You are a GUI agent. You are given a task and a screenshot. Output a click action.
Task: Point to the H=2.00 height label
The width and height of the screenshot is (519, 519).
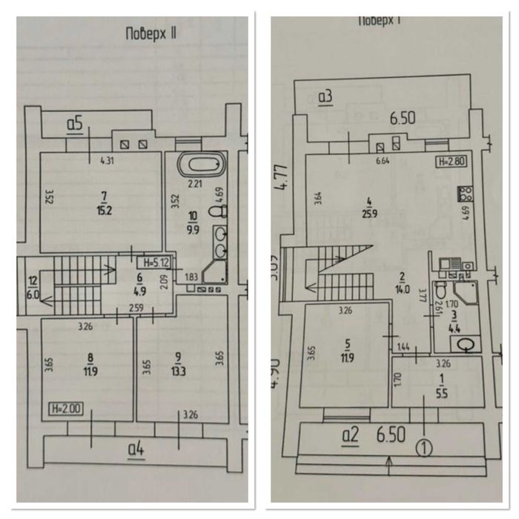[65, 407]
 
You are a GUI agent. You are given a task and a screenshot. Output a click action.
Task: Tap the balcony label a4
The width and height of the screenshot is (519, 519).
[136, 448]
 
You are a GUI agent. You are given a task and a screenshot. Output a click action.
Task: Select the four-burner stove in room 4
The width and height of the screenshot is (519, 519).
[467, 194]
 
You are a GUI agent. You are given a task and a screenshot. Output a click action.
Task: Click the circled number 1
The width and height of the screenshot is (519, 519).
[423, 447]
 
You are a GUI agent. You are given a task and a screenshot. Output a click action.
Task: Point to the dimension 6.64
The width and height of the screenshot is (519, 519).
[383, 160]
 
